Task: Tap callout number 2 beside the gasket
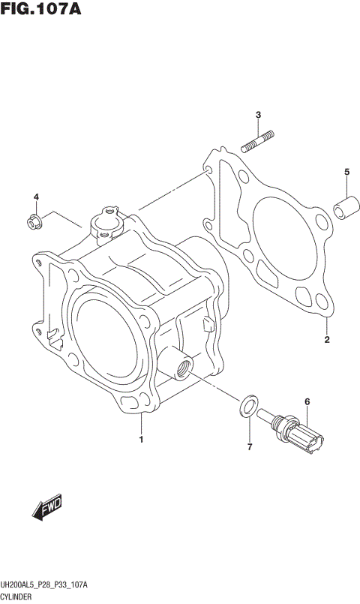point(327,340)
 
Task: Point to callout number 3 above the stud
point(257,115)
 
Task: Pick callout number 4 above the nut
point(35,197)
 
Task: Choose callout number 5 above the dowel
point(346,173)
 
